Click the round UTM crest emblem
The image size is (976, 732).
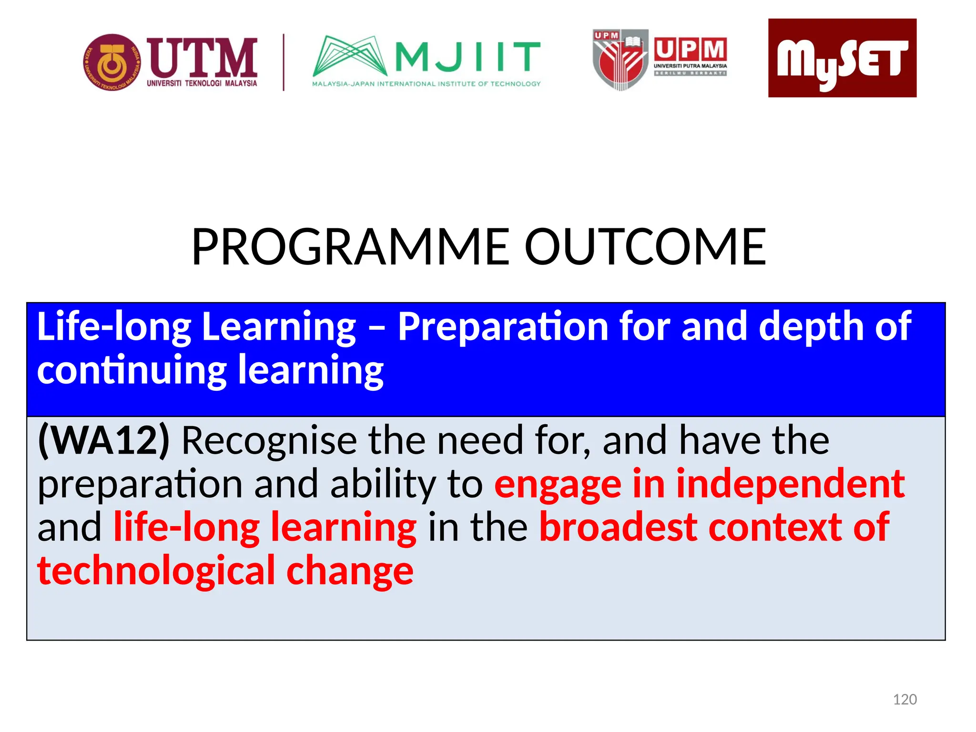pos(112,62)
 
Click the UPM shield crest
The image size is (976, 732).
pos(620,60)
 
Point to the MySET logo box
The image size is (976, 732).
pos(842,58)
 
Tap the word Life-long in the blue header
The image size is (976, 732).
pos(114,327)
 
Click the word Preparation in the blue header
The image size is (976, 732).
pos(503,327)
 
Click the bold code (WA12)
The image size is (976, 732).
pos(103,441)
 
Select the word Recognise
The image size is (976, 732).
pos(269,441)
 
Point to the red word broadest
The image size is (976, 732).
pos(618,528)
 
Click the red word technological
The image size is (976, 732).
pos(156,571)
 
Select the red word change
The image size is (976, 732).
pos(350,571)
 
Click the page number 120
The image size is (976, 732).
pos(905,700)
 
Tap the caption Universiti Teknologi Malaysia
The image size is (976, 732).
pos(202,83)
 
